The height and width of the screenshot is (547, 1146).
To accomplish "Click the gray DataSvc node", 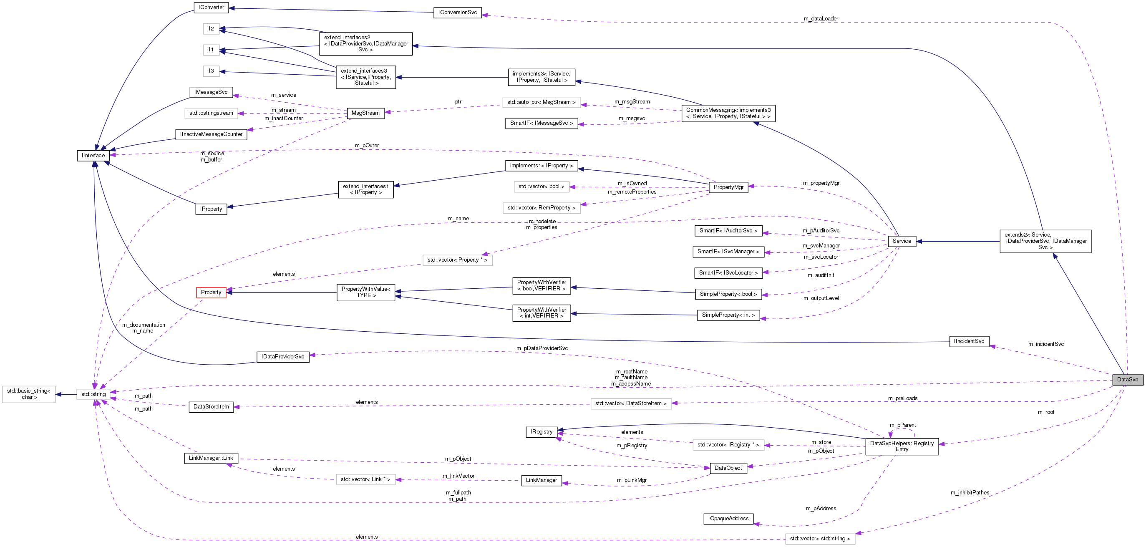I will click(x=1127, y=380).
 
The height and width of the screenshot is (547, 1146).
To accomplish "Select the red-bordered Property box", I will click(x=211, y=292).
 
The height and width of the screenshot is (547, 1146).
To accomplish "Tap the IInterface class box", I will click(x=93, y=155).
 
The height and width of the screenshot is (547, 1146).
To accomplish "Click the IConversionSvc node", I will click(x=457, y=13).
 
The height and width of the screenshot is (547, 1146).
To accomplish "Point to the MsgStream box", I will click(x=365, y=113).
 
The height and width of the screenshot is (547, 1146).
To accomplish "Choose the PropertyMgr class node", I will click(x=728, y=187).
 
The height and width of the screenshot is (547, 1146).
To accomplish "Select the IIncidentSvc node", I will click(x=969, y=341).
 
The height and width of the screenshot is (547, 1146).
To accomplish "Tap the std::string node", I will click(x=93, y=394).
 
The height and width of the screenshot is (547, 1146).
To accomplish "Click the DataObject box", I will click(x=728, y=468).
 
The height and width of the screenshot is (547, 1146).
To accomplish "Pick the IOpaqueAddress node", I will click(x=728, y=519).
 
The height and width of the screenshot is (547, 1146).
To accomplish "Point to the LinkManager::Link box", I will click(x=211, y=458).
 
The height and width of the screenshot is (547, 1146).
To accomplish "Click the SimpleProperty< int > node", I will click(x=728, y=315).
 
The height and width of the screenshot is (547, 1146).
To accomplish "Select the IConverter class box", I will click(x=211, y=8).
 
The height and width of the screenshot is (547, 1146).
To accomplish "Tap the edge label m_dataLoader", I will click(x=820, y=19).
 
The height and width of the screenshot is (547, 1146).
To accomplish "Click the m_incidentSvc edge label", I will click(x=1045, y=344).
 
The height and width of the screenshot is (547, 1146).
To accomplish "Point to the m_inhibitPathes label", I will click(x=970, y=493).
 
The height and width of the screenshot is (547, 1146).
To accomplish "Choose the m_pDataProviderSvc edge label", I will click(x=542, y=348).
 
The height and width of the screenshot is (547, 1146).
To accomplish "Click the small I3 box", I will click(x=211, y=71).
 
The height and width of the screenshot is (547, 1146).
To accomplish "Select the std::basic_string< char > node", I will click(x=29, y=394).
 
